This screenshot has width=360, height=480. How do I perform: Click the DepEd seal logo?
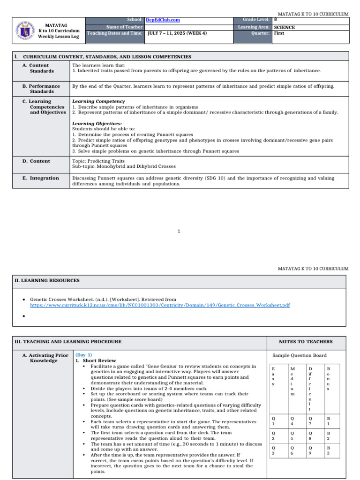pos(24,30)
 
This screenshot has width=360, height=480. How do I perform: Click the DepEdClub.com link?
pos(163,20)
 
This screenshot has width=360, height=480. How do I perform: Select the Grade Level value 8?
pos(275,20)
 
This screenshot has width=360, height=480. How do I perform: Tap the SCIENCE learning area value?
pos(284,27)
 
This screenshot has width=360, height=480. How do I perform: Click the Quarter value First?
pos(279,33)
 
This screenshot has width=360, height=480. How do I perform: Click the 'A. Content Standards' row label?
pos(39,68)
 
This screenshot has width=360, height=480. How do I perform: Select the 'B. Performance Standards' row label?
pos(42,89)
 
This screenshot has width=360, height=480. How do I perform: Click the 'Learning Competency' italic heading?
pos(98,101)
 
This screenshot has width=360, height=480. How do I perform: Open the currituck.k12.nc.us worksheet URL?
pos(160,305)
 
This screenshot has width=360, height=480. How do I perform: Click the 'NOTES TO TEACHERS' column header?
pos(306,342)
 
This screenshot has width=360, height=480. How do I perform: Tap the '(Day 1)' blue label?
pos(84,355)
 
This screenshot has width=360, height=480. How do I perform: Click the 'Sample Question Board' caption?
pos(300,355)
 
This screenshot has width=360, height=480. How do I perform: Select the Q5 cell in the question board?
pos(292,436)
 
